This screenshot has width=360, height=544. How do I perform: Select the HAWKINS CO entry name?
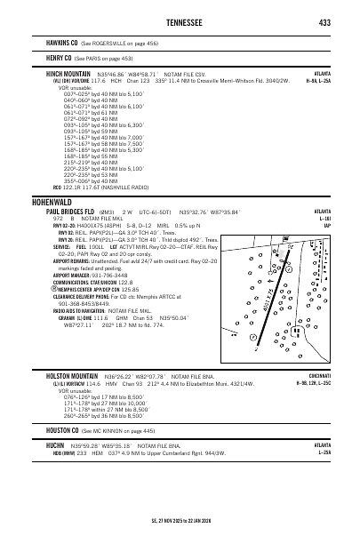click(61, 42)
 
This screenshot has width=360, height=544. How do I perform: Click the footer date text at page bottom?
click(181, 521)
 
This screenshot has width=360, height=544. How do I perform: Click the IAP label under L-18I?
click(327, 226)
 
